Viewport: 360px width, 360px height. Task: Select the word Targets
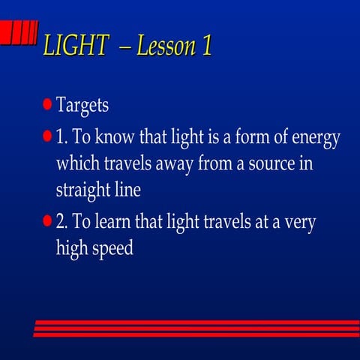point(82,105)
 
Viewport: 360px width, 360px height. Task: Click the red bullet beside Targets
point(47,103)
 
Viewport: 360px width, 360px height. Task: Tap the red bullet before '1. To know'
point(47,138)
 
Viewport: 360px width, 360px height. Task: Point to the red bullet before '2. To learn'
point(47,221)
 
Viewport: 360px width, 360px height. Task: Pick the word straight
point(84,190)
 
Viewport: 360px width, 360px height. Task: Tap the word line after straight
point(126,189)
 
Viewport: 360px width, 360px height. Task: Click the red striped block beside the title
point(19,34)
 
